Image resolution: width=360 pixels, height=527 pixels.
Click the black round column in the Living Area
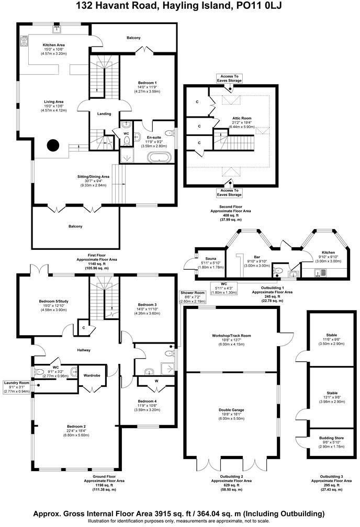coord(53,145)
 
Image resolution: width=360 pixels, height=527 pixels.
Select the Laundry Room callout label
coord(17,383)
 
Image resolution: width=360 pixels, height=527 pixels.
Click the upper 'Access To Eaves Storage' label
coord(230,78)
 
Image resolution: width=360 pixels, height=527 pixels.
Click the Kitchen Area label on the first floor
coord(53,45)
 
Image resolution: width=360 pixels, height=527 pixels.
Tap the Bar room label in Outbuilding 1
coord(257,257)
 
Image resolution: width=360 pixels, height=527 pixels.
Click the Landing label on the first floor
coord(104,113)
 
